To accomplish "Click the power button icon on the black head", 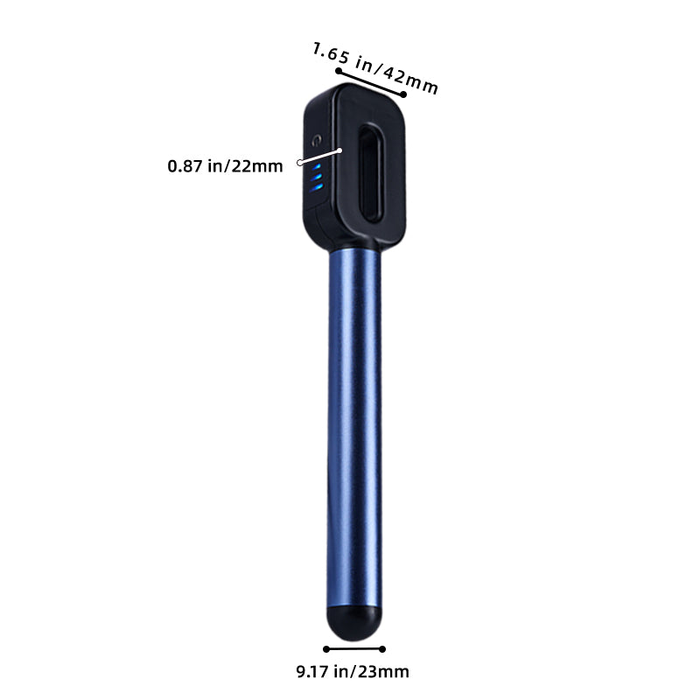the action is pos(317,141).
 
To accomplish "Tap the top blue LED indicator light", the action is pos(317,167).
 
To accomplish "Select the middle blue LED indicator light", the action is pos(316,177).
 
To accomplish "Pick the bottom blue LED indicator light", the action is pos(316,187).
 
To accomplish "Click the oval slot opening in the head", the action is pos(370,173).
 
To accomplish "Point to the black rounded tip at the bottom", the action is pos(354,623).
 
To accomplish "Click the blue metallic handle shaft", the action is pos(354,428).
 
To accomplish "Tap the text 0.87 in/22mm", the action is pos(225,166).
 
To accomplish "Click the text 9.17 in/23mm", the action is pos(353,671).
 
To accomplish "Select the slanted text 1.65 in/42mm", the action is pos(375,68).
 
